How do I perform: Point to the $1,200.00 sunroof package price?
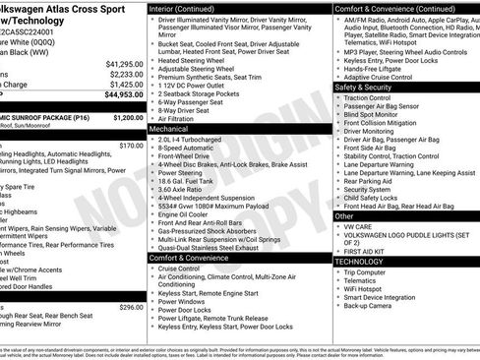[128, 117]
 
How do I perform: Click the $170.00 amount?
[131, 146]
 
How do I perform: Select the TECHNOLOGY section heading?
[359, 262]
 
